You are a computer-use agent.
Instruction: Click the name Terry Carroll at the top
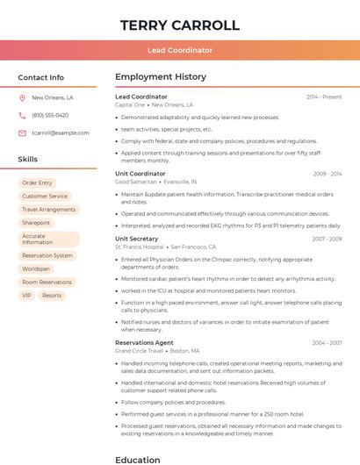179,25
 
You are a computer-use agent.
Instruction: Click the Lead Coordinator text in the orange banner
179,50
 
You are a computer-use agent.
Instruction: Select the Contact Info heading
41,77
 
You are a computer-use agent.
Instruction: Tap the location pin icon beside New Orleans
22,98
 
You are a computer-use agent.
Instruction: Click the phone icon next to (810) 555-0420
22,116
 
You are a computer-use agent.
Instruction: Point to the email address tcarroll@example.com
61,132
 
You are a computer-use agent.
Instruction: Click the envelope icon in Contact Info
22,132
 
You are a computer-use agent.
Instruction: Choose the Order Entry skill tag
37,182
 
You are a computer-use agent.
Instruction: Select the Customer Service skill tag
45,197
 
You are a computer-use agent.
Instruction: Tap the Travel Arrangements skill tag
48,210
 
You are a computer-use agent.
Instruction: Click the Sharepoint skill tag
36,223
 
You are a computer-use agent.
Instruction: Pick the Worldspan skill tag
36,268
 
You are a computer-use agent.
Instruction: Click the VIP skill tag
27,296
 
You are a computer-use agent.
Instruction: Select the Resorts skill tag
52,296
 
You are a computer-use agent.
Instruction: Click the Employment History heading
161,77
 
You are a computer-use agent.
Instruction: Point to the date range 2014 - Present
324,97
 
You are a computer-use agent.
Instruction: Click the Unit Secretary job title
137,239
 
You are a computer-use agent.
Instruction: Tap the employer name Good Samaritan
136,182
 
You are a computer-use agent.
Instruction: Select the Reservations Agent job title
144,342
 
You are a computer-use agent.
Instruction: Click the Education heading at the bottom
138,459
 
